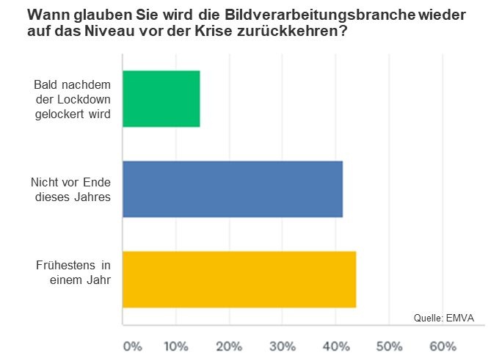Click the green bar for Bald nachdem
(x=161, y=99)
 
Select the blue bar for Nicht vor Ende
(x=232, y=189)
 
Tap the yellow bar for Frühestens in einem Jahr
(x=239, y=279)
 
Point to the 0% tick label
(x=132, y=346)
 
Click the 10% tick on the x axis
(x=175, y=346)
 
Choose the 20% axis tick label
(x=229, y=346)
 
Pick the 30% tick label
(x=283, y=346)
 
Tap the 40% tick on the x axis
(x=336, y=346)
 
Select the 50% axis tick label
(x=390, y=346)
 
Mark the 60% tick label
(x=443, y=346)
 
